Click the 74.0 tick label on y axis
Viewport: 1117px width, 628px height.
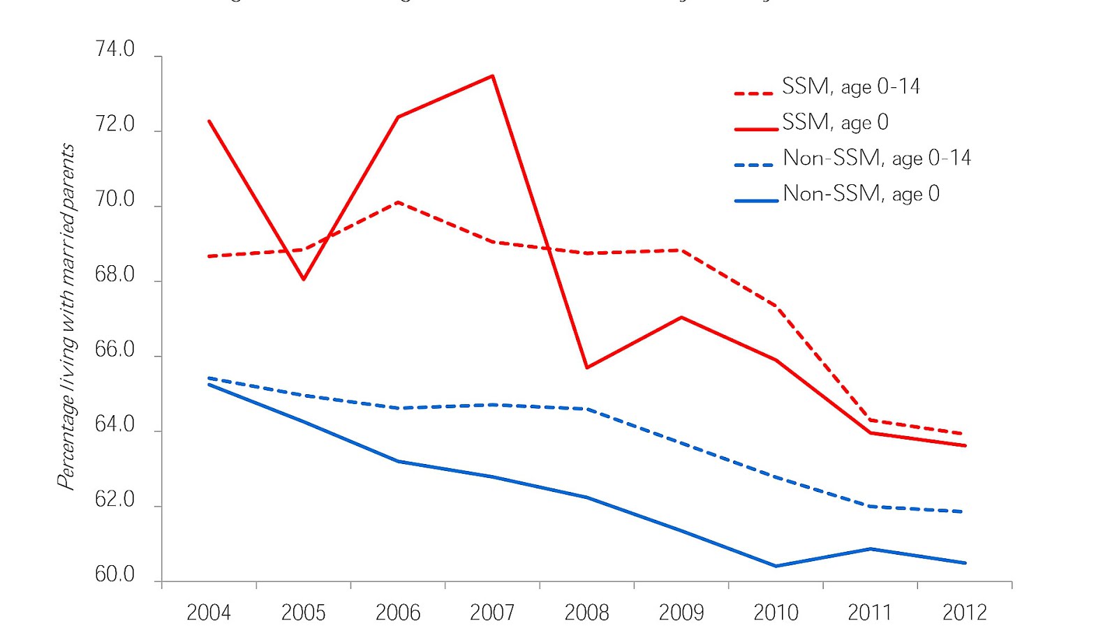pos(114,50)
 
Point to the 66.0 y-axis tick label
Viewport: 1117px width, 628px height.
pos(114,350)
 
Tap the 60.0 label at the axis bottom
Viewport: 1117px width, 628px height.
pos(114,575)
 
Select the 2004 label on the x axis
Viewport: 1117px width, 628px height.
pos(209,613)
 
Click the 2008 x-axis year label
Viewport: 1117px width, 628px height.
pos(586,613)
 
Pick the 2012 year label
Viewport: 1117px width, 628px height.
pos(964,613)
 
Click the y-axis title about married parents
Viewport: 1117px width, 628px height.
pos(66,316)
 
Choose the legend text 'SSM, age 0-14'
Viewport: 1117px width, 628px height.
pos(850,87)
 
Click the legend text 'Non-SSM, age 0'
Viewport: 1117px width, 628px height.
pos(861,193)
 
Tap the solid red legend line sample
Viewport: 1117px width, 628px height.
pos(755,129)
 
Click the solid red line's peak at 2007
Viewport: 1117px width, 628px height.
pos(493,75)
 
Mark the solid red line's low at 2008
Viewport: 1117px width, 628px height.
pos(587,368)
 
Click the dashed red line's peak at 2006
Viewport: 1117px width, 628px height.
pos(398,202)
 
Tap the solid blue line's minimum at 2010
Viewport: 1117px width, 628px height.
pos(776,566)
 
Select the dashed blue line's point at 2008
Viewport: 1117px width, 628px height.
pos(587,409)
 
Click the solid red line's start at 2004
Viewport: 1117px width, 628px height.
pos(209,121)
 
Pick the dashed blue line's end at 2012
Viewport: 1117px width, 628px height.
pos(964,511)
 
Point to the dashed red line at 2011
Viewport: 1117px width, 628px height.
pos(870,419)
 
